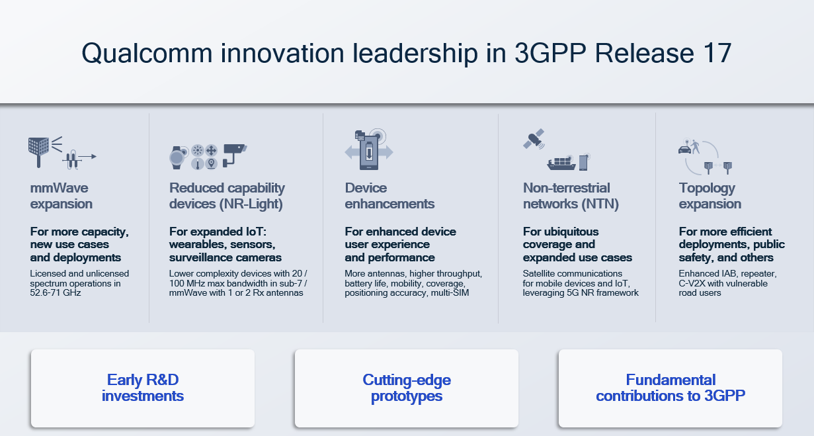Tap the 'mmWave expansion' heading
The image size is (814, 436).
(x=61, y=196)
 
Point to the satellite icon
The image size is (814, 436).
(x=533, y=138)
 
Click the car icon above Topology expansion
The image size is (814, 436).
(x=685, y=149)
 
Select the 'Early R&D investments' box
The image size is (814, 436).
(x=143, y=388)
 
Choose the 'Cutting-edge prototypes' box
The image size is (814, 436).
(x=407, y=388)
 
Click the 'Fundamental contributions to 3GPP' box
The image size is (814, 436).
(x=671, y=388)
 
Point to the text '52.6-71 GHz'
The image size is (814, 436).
(x=56, y=293)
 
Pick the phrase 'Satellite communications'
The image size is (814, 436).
(x=573, y=273)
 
